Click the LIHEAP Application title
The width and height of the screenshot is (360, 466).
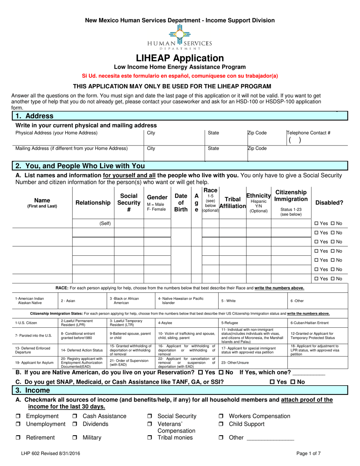(180, 58)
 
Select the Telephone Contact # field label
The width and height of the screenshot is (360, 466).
(308, 133)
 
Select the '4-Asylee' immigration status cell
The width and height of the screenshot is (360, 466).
(164, 323)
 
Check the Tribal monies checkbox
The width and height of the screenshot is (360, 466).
(150, 438)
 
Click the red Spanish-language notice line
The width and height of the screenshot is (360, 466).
(180, 76)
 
